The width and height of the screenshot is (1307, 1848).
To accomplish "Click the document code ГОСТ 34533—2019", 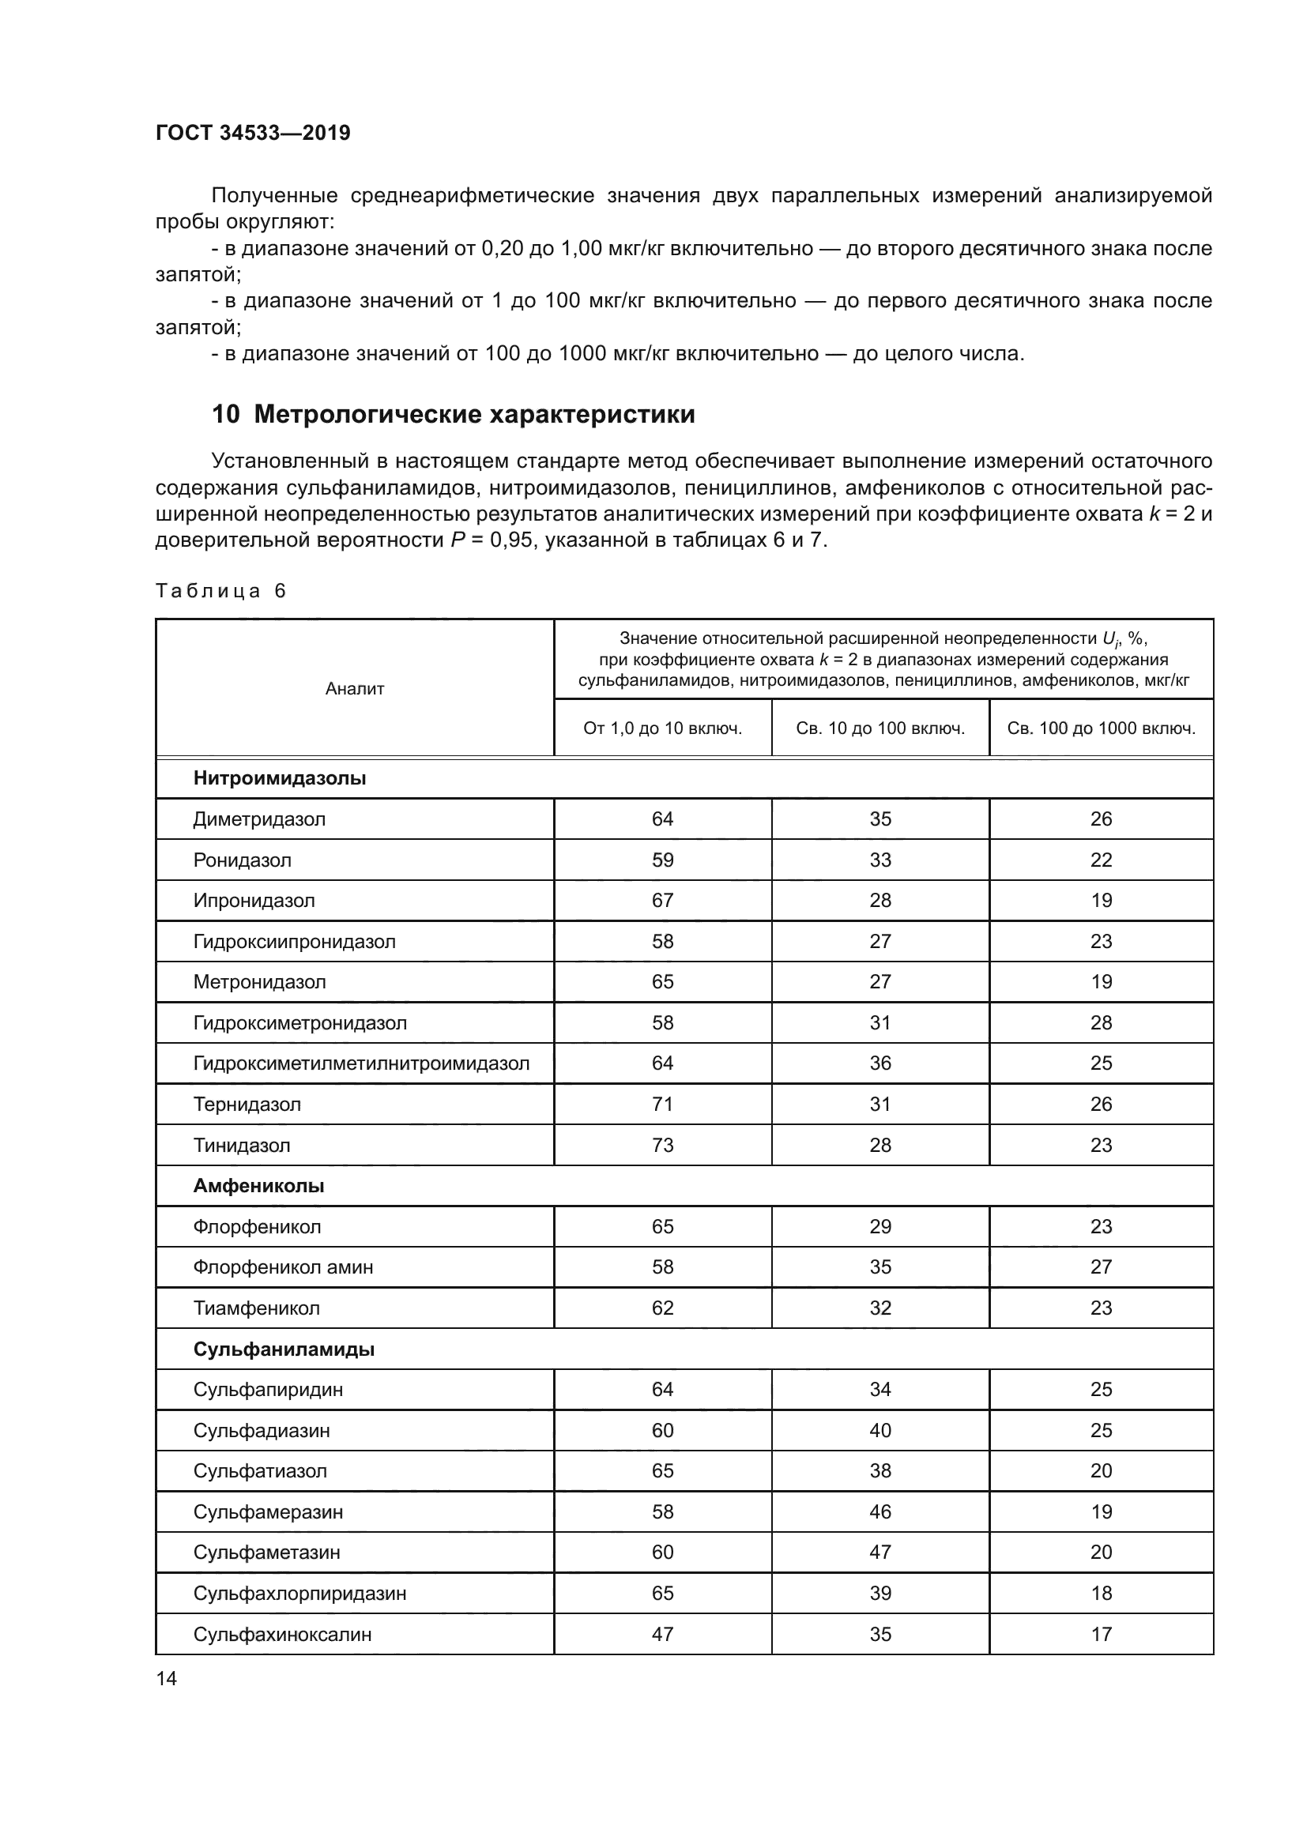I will tap(253, 133).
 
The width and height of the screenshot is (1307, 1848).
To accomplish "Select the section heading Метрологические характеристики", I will tap(474, 415).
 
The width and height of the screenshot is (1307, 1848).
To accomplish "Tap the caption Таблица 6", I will tap(220, 591).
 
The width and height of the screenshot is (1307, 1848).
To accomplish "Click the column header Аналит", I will tap(354, 688).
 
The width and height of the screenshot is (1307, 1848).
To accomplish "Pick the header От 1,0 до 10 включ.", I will tap(662, 728).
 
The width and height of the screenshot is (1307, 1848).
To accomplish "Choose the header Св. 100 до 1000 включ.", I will tap(1101, 728).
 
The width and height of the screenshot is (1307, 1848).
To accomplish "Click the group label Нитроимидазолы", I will tap(279, 778).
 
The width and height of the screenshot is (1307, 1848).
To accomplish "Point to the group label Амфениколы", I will tap(258, 1186).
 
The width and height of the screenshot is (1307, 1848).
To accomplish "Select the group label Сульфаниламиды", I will tap(284, 1349).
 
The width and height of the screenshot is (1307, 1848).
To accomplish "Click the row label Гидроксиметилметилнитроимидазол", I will tap(361, 1063).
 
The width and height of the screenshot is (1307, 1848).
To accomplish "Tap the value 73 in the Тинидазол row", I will tap(662, 1145).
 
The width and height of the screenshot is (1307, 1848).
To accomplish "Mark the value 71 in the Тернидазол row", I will tap(662, 1105).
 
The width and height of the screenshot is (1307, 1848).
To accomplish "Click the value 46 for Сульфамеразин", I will tap(879, 1511).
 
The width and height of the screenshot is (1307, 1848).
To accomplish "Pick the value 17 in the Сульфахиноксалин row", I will tap(1101, 1634).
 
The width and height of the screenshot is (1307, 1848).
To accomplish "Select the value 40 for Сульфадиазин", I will tap(879, 1430).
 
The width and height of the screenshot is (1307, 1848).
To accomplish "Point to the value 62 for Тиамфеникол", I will tap(662, 1308).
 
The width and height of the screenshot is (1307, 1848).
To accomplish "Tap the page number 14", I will tap(167, 1678).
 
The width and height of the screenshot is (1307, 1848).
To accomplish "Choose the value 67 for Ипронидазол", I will tap(662, 901).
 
